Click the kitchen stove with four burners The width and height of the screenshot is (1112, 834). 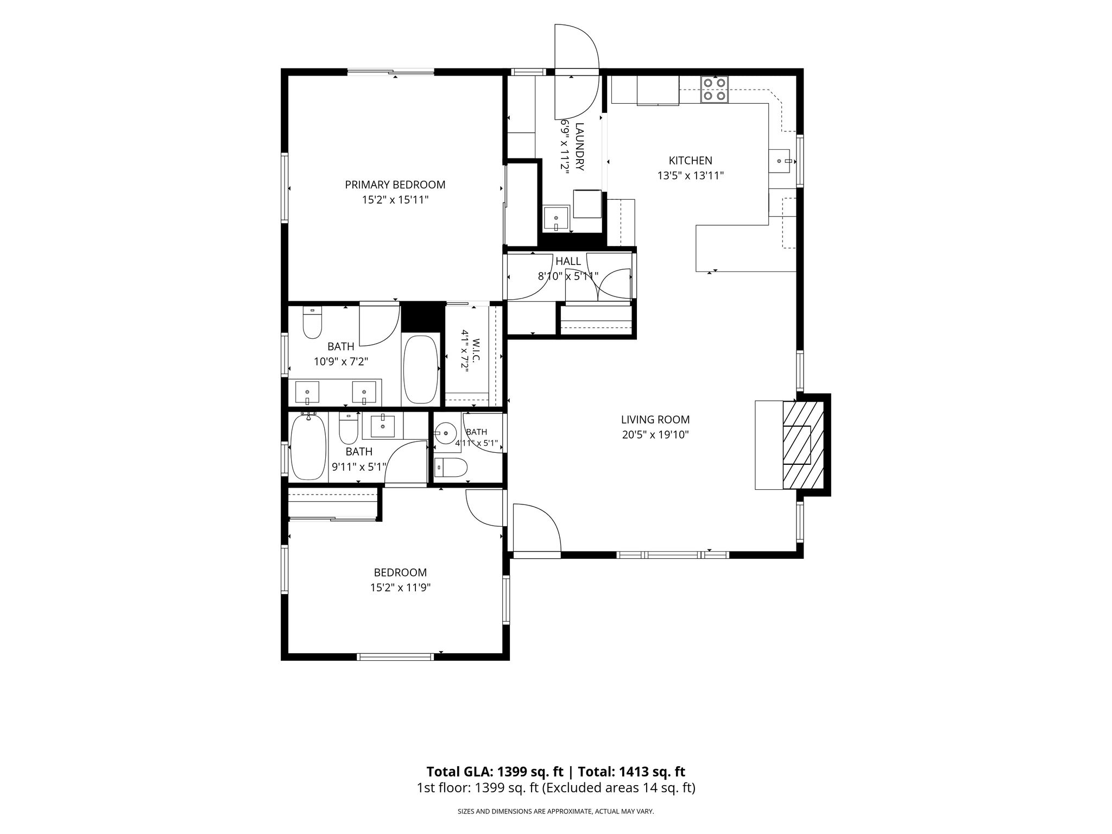[x=714, y=90]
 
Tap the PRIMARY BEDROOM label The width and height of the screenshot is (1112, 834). [x=395, y=185]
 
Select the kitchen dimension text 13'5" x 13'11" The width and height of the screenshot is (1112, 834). [x=691, y=175]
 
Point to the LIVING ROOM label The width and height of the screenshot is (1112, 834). [x=655, y=419]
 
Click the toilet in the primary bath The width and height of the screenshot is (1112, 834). [x=312, y=323]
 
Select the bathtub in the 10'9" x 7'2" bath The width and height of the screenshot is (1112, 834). [x=421, y=369]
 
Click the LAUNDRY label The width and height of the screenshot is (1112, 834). [x=579, y=147]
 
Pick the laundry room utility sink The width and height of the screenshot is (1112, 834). [x=557, y=219]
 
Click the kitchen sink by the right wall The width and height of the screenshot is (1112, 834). [x=782, y=161]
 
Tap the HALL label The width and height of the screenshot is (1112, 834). [x=568, y=261]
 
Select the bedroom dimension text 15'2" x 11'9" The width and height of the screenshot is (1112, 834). [x=400, y=587]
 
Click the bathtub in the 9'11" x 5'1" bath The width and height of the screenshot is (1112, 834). [x=308, y=446]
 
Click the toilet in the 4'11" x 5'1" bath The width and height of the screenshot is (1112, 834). [x=451, y=467]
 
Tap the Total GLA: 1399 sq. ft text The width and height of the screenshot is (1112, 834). [x=496, y=772]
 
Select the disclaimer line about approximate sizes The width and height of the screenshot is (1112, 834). [x=556, y=812]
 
